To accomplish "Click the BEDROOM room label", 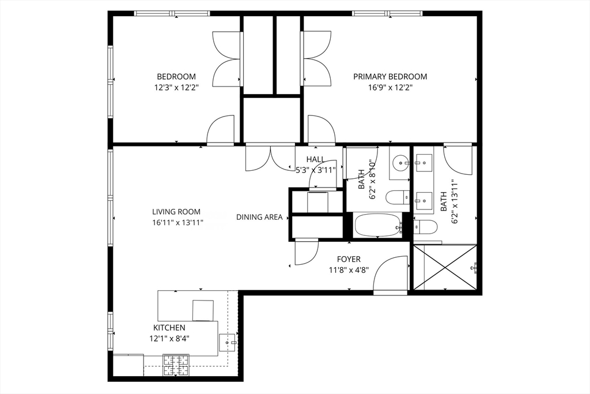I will [176, 77].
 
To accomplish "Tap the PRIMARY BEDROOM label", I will [390, 77].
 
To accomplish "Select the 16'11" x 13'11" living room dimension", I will [177, 222].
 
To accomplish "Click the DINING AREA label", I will [259, 217].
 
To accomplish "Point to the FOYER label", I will [349, 260].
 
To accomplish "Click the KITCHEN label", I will [169, 328].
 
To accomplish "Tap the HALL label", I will [315, 160].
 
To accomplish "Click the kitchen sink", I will [228, 343].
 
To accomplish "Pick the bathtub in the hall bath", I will [377, 226].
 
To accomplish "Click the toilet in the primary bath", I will [426, 226].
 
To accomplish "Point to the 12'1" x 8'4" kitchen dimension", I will [169, 339].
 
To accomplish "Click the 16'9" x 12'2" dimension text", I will [390, 88].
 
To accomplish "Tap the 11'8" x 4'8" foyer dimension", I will [349, 269].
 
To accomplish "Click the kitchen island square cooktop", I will [203, 310].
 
